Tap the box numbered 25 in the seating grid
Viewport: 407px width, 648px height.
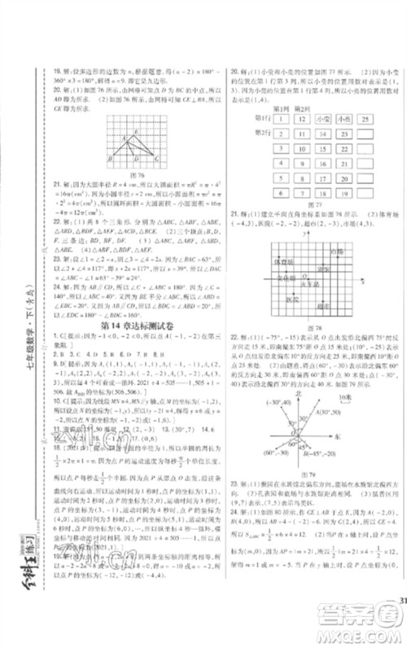coord(365,119)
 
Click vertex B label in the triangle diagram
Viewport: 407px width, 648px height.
coord(109,159)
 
